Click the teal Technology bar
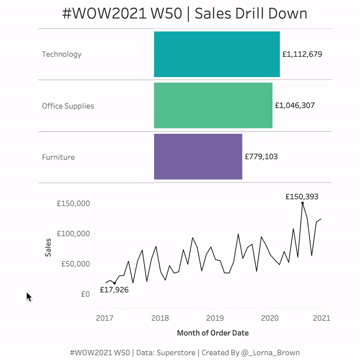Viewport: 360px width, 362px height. [x=217, y=54]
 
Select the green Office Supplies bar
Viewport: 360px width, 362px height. [x=213, y=105]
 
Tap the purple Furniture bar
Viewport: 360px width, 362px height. [x=198, y=157]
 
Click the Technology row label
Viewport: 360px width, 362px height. [x=62, y=54]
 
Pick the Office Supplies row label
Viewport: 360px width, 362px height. [x=68, y=106]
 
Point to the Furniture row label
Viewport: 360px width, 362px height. [x=58, y=157]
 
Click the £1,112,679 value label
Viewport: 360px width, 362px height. [x=302, y=54]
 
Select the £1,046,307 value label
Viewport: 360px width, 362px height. [x=295, y=105]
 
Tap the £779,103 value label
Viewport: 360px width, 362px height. [x=261, y=157]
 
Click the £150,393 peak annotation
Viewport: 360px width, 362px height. [x=302, y=196]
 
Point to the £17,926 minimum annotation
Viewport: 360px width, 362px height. [x=114, y=290]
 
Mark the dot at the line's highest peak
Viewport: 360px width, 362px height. [x=302, y=203]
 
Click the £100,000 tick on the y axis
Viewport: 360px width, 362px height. [x=73, y=233]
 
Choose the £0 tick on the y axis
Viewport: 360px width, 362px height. [x=85, y=294]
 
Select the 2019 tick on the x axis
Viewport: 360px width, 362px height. [x=215, y=318]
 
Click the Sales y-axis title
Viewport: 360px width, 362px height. [x=48, y=248]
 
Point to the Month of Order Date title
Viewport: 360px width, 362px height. [x=213, y=333]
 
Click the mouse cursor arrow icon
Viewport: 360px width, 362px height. [x=29, y=297]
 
